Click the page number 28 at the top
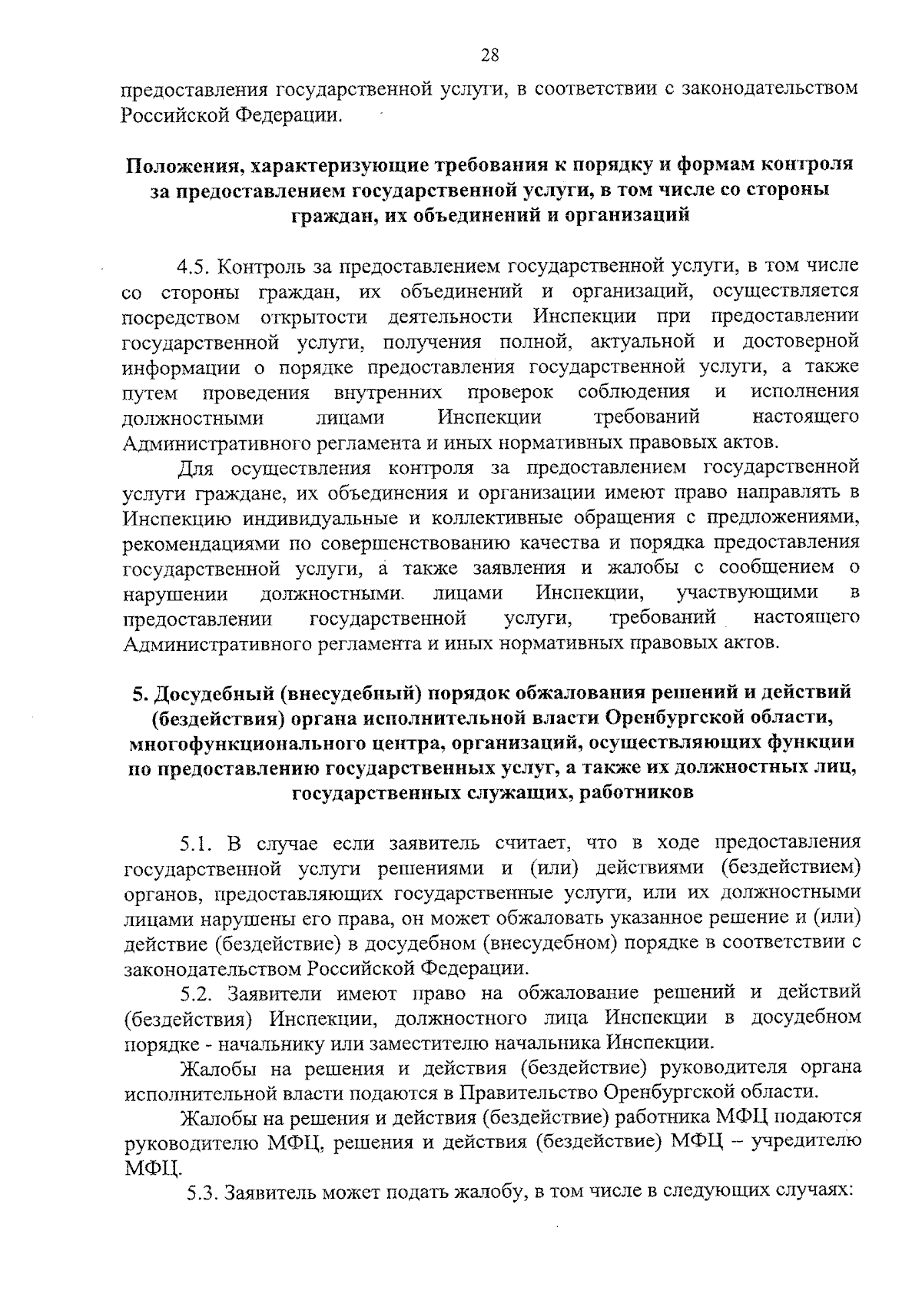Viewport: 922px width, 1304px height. coord(490,55)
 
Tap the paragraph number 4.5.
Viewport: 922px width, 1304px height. coord(194,267)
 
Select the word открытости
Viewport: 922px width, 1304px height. coord(313,317)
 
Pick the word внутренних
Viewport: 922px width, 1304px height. coord(388,393)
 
